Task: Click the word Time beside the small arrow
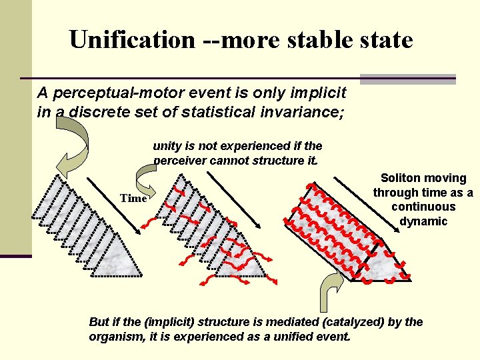[x=133, y=198]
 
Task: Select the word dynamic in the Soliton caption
[x=423, y=221]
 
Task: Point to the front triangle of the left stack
[x=119, y=257]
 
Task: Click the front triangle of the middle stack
[x=245, y=257]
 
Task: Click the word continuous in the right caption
[x=423, y=207]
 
